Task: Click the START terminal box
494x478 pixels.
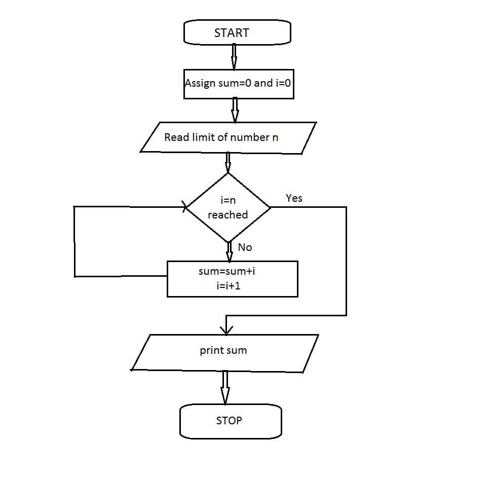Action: pyautogui.click(x=237, y=32)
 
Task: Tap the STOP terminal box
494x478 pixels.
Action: pyautogui.click(x=231, y=421)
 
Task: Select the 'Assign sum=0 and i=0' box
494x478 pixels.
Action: pyautogui.click(x=239, y=84)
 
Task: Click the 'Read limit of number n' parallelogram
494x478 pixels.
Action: pyautogui.click(x=228, y=138)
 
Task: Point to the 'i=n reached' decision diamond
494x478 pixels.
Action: pyautogui.click(x=228, y=207)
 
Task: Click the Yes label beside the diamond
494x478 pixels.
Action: pyautogui.click(x=294, y=198)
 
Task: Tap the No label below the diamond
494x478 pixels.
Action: pyautogui.click(x=245, y=247)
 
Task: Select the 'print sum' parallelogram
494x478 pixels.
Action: pyautogui.click(x=224, y=353)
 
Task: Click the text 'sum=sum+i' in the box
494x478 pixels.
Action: pyautogui.click(x=227, y=271)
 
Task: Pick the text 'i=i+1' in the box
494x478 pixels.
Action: pyautogui.click(x=229, y=286)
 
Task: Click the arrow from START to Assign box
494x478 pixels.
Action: pyautogui.click(x=234, y=57)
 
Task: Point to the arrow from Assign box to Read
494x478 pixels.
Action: pyautogui.click(x=235, y=111)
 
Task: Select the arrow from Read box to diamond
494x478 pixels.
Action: pyautogui.click(x=228, y=163)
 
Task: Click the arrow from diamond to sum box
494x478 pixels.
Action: pyautogui.click(x=230, y=252)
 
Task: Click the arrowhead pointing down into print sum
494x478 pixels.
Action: pyautogui.click(x=226, y=330)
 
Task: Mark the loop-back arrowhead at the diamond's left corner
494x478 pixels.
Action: pyautogui.click(x=184, y=207)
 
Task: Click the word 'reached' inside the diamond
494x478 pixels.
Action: pyautogui.click(x=228, y=214)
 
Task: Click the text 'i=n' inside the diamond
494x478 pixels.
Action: pyautogui.click(x=228, y=200)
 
